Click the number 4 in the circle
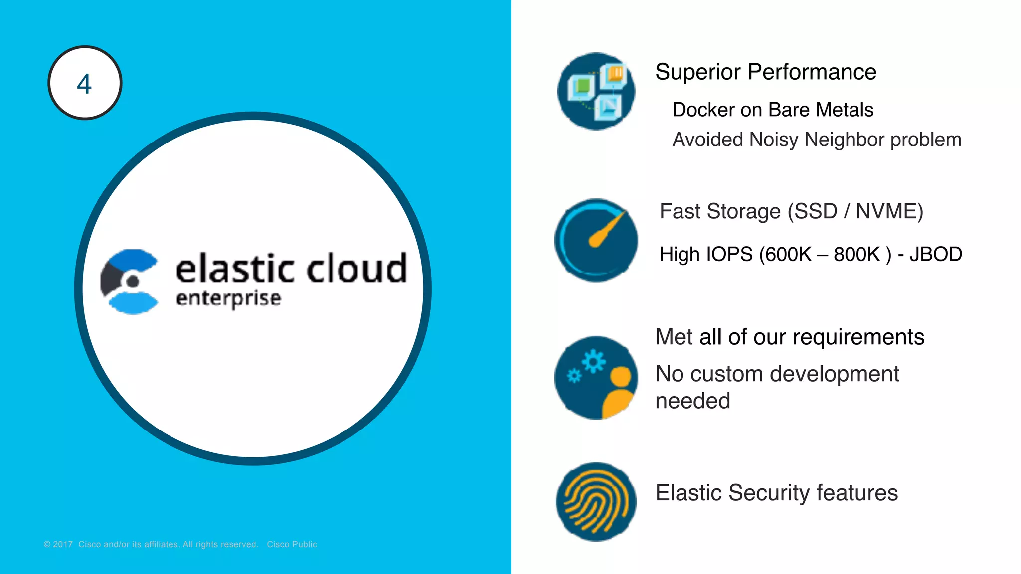point(84,84)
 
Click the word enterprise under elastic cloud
point(228,298)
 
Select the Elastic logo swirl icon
point(130,282)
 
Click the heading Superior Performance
point(765,72)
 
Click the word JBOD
point(935,255)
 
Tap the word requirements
point(858,337)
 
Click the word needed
point(692,401)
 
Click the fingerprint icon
point(596,502)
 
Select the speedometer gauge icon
point(596,240)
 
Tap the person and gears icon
point(596,378)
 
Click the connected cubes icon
point(596,91)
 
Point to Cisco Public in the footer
point(292,545)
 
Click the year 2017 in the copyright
point(63,545)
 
